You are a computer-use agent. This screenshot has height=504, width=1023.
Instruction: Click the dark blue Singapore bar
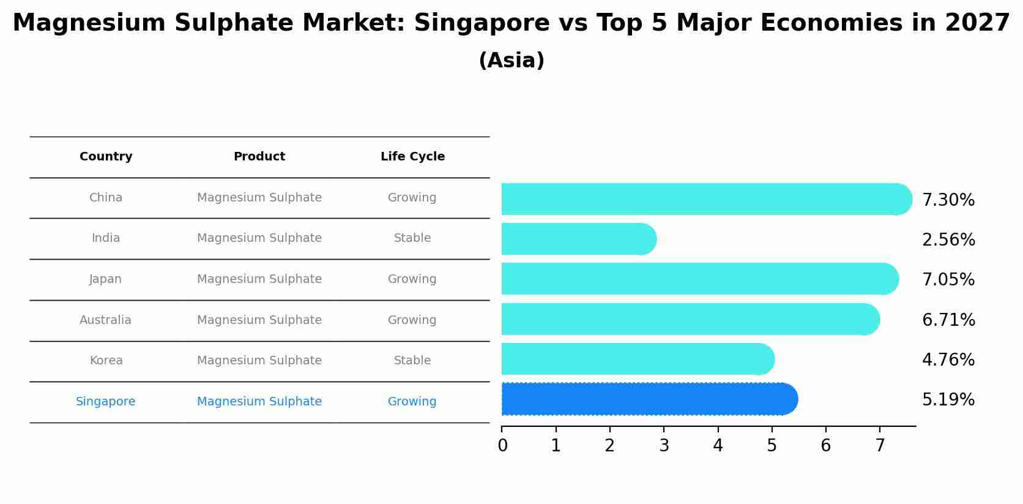click(649, 399)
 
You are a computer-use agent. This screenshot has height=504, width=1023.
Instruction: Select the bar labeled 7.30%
click(704, 199)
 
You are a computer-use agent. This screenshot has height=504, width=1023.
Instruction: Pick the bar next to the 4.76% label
click(636, 359)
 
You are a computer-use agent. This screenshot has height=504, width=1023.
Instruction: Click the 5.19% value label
click(948, 400)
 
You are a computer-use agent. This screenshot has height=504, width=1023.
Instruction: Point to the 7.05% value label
click(948, 280)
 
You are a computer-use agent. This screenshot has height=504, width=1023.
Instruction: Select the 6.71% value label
click(948, 320)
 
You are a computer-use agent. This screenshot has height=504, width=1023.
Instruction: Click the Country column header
click(106, 157)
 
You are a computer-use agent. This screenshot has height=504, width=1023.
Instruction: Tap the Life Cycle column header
click(412, 157)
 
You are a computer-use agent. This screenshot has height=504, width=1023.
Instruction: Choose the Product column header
click(259, 157)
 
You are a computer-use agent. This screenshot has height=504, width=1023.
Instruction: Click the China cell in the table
click(106, 198)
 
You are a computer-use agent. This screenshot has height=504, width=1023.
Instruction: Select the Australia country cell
click(105, 320)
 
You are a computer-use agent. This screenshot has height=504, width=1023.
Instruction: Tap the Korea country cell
click(106, 361)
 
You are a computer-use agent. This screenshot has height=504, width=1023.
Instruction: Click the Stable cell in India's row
click(412, 238)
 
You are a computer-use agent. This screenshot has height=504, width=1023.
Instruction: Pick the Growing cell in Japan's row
click(412, 279)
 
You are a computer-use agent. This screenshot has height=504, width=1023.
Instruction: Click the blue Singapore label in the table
click(106, 402)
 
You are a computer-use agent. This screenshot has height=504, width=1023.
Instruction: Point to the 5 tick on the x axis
click(772, 446)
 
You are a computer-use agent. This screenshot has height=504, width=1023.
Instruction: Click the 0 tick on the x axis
click(502, 446)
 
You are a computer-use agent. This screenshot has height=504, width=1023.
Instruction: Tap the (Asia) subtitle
click(511, 61)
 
